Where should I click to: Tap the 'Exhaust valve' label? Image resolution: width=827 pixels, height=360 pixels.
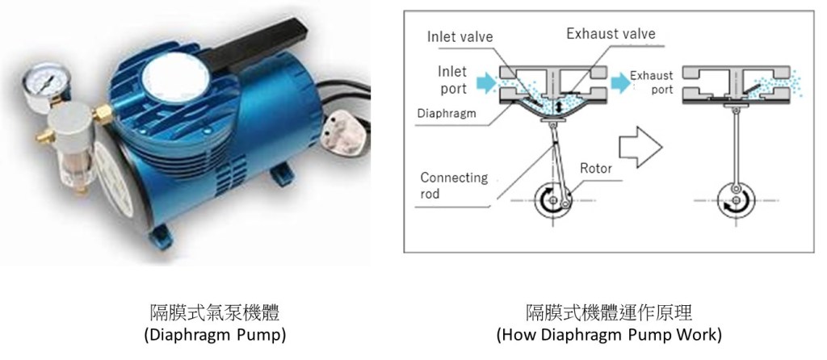pyautogui.click(x=610, y=34)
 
